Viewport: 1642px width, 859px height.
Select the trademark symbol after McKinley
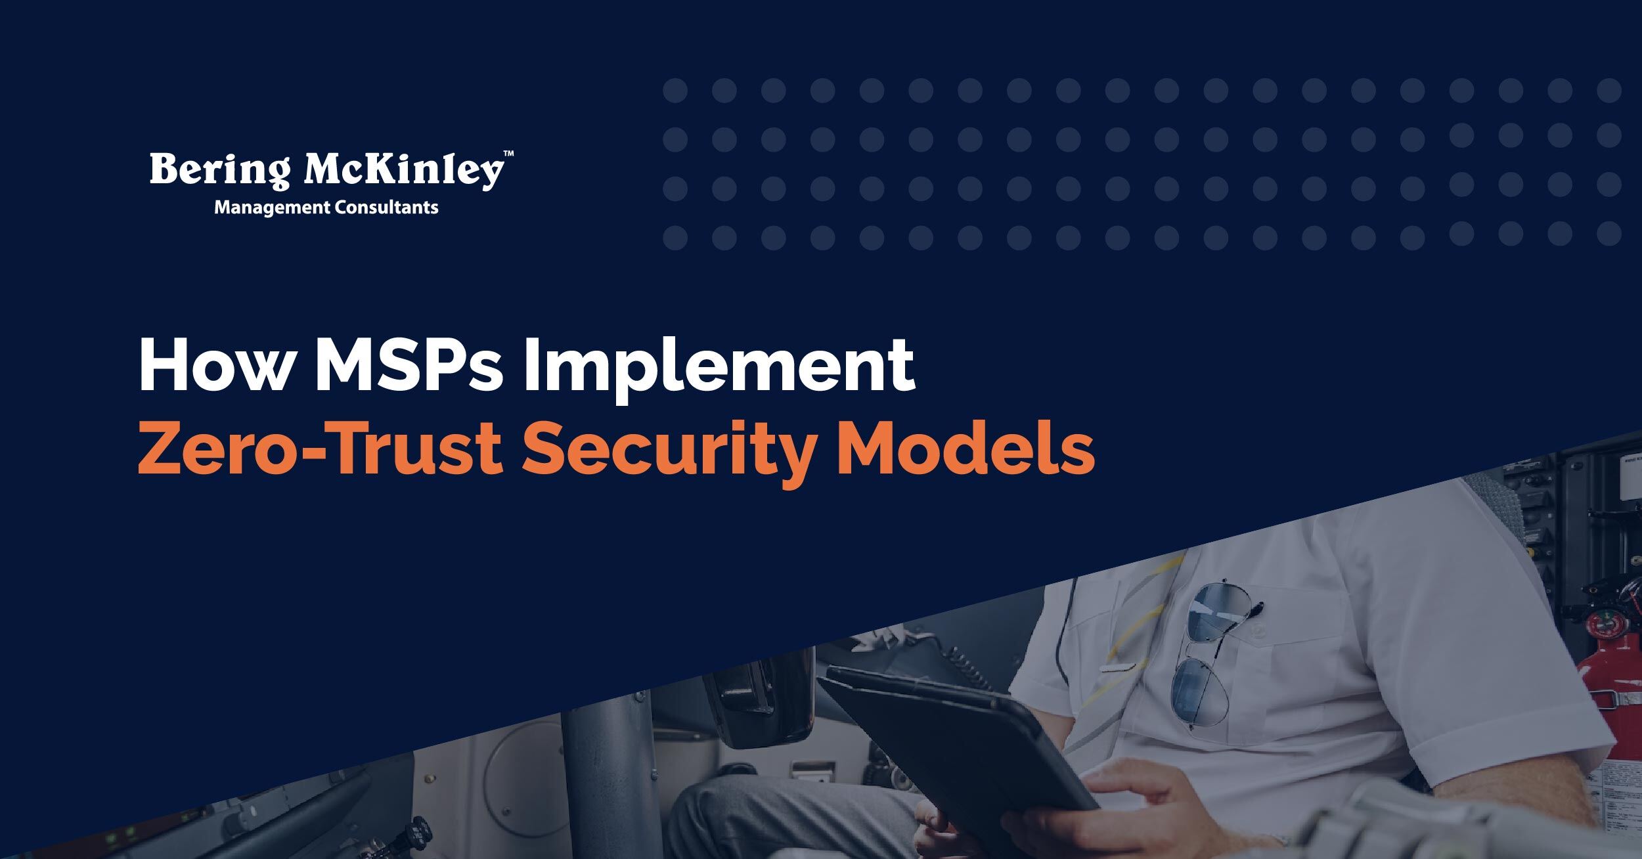[x=508, y=154]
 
